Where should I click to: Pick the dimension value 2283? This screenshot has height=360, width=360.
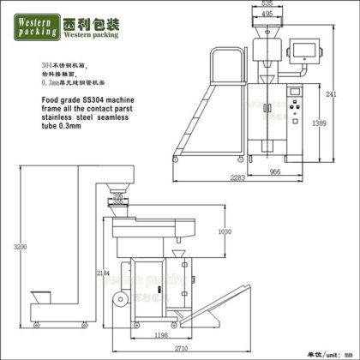pyautogui.click(x=237, y=178)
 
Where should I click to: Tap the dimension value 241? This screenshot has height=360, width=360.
pyautogui.click(x=353, y=95)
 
